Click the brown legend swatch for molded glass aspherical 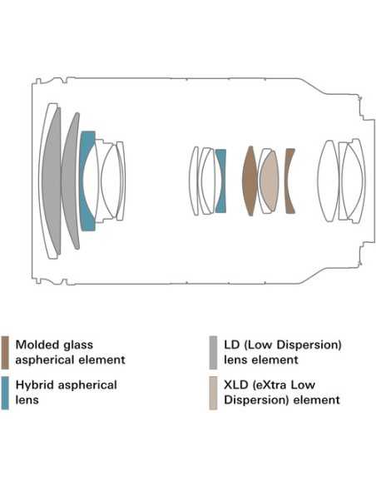click(5, 352)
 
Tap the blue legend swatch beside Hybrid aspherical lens click(5, 393)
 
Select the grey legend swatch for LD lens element click(213, 352)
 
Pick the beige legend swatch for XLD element click(213, 393)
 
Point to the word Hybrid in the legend click(35, 385)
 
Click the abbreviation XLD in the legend click(236, 385)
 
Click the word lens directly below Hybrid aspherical click(27, 399)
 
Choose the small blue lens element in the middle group click(220, 181)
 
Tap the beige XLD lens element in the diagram click(270, 181)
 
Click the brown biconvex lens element click(250, 181)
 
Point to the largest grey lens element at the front click(50, 181)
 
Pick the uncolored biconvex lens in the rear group click(329, 181)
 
